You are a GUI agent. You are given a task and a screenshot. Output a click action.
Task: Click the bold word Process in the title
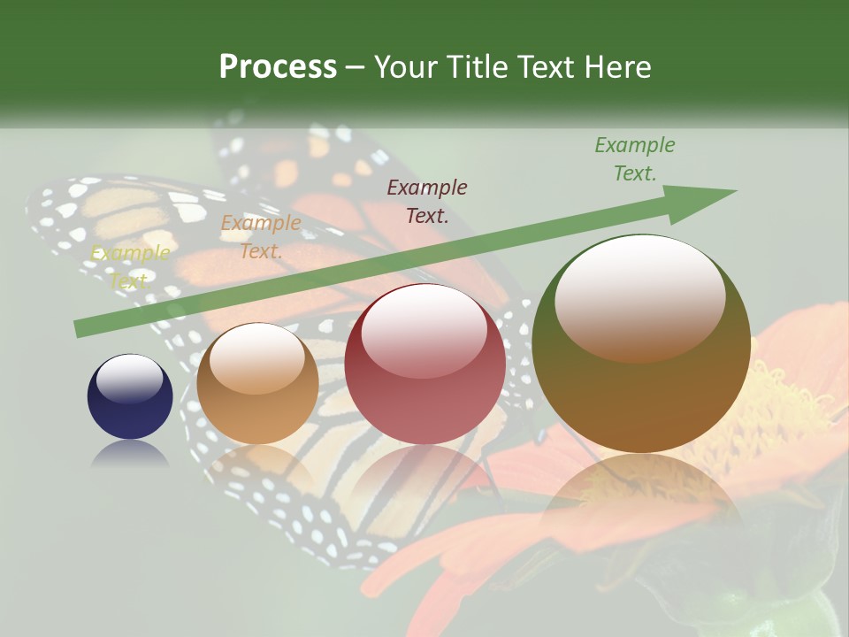click(278, 67)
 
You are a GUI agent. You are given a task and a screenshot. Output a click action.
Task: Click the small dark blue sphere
click(130, 396)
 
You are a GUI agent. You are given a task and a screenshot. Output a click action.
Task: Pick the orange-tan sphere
click(257, 383)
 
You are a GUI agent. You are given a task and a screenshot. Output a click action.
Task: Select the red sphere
click(424, 364)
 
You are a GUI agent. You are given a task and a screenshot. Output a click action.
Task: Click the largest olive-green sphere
click(641, 344)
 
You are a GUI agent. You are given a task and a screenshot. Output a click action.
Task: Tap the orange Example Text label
click(261, 236)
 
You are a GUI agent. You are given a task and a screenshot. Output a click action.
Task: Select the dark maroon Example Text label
click(427, 201)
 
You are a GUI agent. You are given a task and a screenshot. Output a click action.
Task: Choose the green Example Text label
click(635, 158)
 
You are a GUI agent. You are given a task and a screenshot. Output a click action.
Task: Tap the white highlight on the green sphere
click(640, 296)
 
